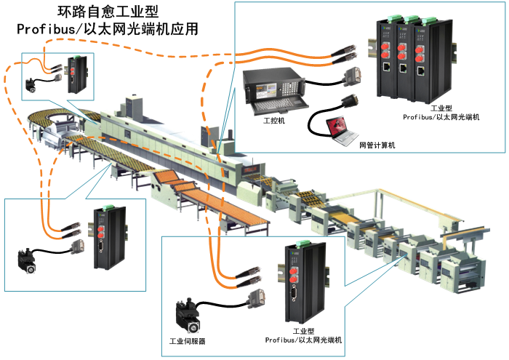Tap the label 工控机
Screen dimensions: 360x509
(x=274, y=121)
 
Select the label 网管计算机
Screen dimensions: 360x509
(x=377, y=145)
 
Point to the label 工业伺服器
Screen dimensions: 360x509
(x=188, y=340)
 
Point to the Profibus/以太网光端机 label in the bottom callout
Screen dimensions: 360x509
(x=302, y=340)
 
